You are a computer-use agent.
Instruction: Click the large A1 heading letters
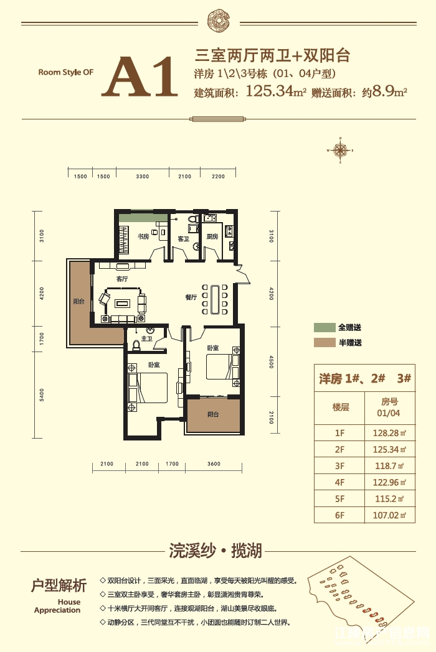coord(140,77)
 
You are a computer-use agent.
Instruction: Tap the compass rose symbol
coord(341,149)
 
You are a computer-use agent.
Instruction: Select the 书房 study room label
coord(143,236)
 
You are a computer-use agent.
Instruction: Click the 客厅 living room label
coord(121,279)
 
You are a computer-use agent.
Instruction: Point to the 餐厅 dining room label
coord(191,297)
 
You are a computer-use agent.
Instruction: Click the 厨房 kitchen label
coord(212,236)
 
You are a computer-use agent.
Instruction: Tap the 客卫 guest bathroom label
coord(183,238)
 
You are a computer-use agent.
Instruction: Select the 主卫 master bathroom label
coord(147,339)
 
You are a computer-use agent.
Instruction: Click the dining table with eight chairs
coord(216,300)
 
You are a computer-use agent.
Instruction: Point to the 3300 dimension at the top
coord(142,177)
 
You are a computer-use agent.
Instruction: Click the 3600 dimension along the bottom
coord(214,463)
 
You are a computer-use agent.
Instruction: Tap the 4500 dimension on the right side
coord(271,361)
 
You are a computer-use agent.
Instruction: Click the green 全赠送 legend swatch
coord(323,328)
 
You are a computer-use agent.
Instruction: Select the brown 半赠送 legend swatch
coord(323,343)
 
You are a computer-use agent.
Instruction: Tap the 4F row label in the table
coord(339,482)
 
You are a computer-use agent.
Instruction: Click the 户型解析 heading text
coord(59,585)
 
